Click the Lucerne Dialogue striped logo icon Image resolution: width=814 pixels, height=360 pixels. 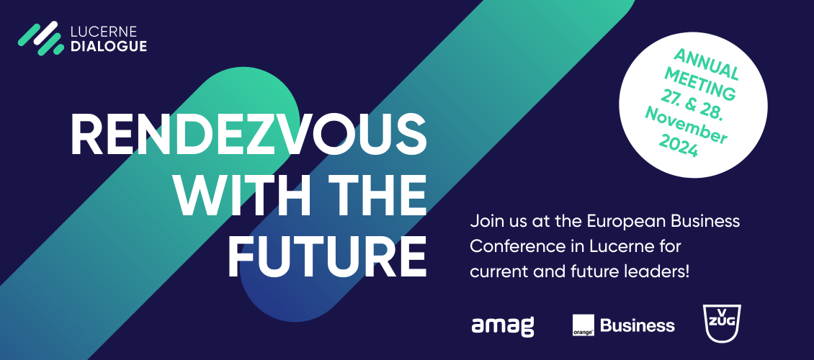(x=41, y=38)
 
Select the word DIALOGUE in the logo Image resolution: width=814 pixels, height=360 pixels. (x=109, y=46)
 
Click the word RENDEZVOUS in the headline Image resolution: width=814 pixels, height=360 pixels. (x=248, y=135)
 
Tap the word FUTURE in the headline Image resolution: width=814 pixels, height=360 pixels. (x=327, y=257)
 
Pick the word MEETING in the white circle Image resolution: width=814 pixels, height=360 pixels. (x=699, y=84)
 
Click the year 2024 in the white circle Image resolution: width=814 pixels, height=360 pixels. (x=678, y=145)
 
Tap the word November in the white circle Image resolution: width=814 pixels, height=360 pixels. (x=686, y=125)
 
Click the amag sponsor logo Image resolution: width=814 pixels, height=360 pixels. (x=503, y=325)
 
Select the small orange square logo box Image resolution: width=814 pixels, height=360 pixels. (x=583, y=325)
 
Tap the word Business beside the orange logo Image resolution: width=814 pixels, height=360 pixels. (x=638, y=325)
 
